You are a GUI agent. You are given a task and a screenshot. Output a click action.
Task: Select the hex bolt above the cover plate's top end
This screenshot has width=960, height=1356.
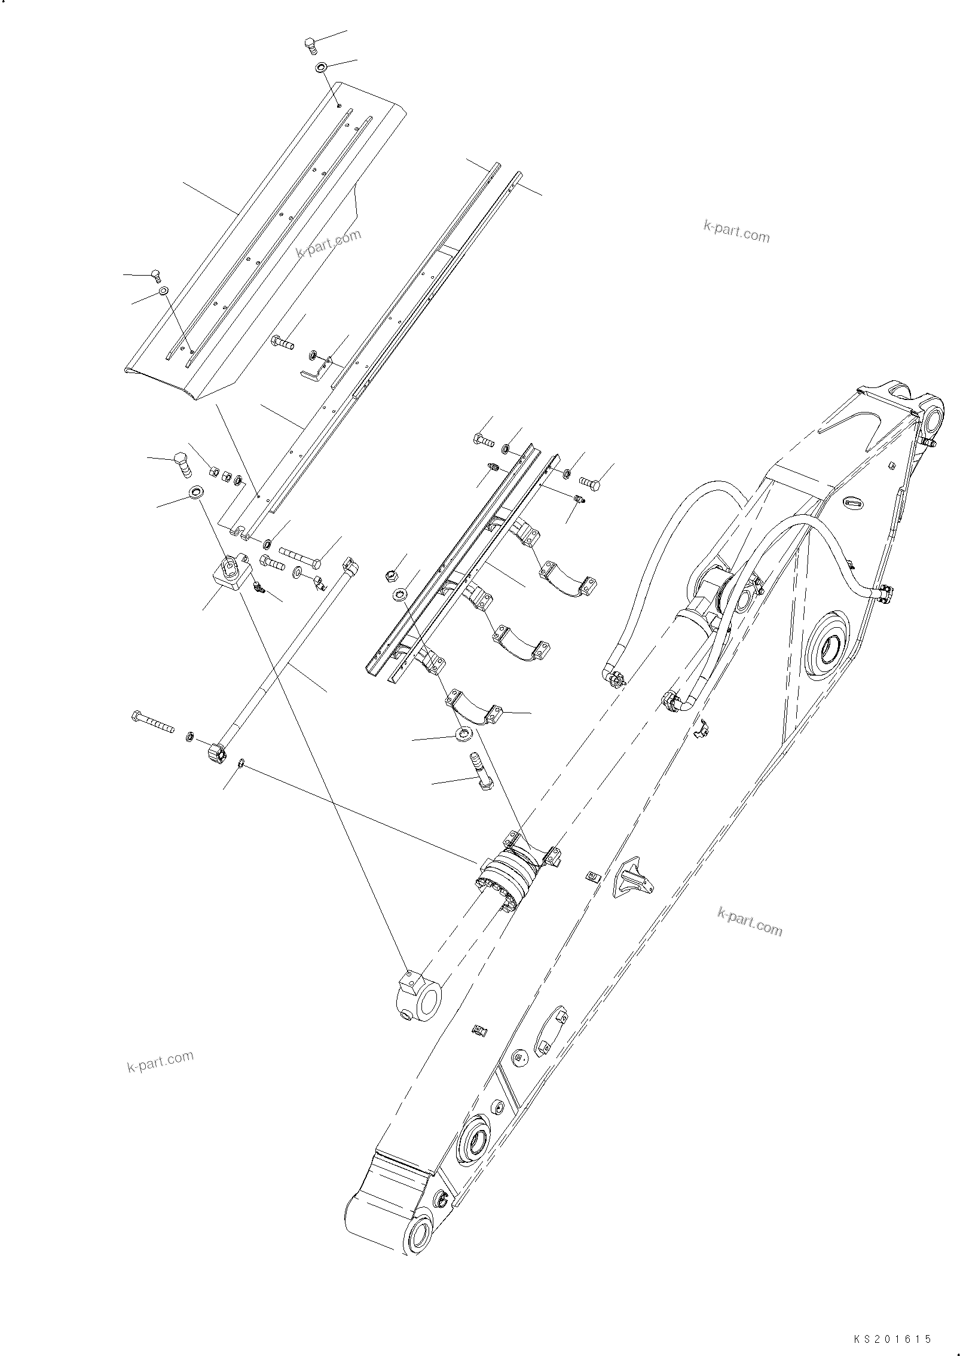(310, 44)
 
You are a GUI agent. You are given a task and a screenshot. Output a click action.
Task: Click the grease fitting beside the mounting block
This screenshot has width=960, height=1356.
(259, 588)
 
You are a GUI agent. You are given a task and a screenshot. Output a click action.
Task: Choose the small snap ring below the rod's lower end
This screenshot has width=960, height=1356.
(240, 762)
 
